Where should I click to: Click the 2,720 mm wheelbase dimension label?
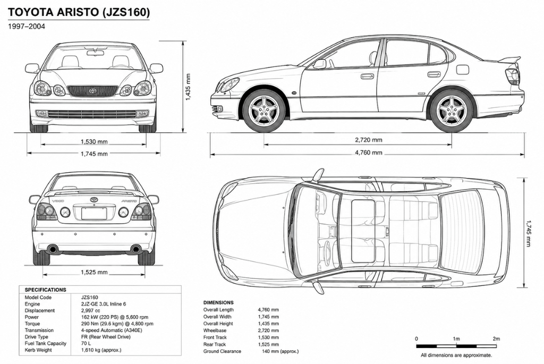pos(369,140)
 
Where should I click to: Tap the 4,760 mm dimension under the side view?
pos(369,153)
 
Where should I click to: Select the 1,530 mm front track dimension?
pos(94,141)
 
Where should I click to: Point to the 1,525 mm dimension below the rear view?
pos(94,273)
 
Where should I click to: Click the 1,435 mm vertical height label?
pos(188,87)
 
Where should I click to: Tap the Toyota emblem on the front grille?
pos(92,91)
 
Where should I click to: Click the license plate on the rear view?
pos(94,213)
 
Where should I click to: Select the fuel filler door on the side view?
pos(463,70)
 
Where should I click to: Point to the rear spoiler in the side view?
pos(509,60)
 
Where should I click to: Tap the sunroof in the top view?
pos(363,231)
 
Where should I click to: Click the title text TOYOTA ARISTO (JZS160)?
pos(79,12)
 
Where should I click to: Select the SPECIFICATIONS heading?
pos(46,290)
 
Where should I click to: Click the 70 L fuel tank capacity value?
pos(86,343)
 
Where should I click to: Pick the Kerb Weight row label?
pos(38,350)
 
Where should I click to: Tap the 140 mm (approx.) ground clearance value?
pos(280,351)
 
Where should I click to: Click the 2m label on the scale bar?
pos(496,338)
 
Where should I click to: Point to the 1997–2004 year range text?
pos(27,27)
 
